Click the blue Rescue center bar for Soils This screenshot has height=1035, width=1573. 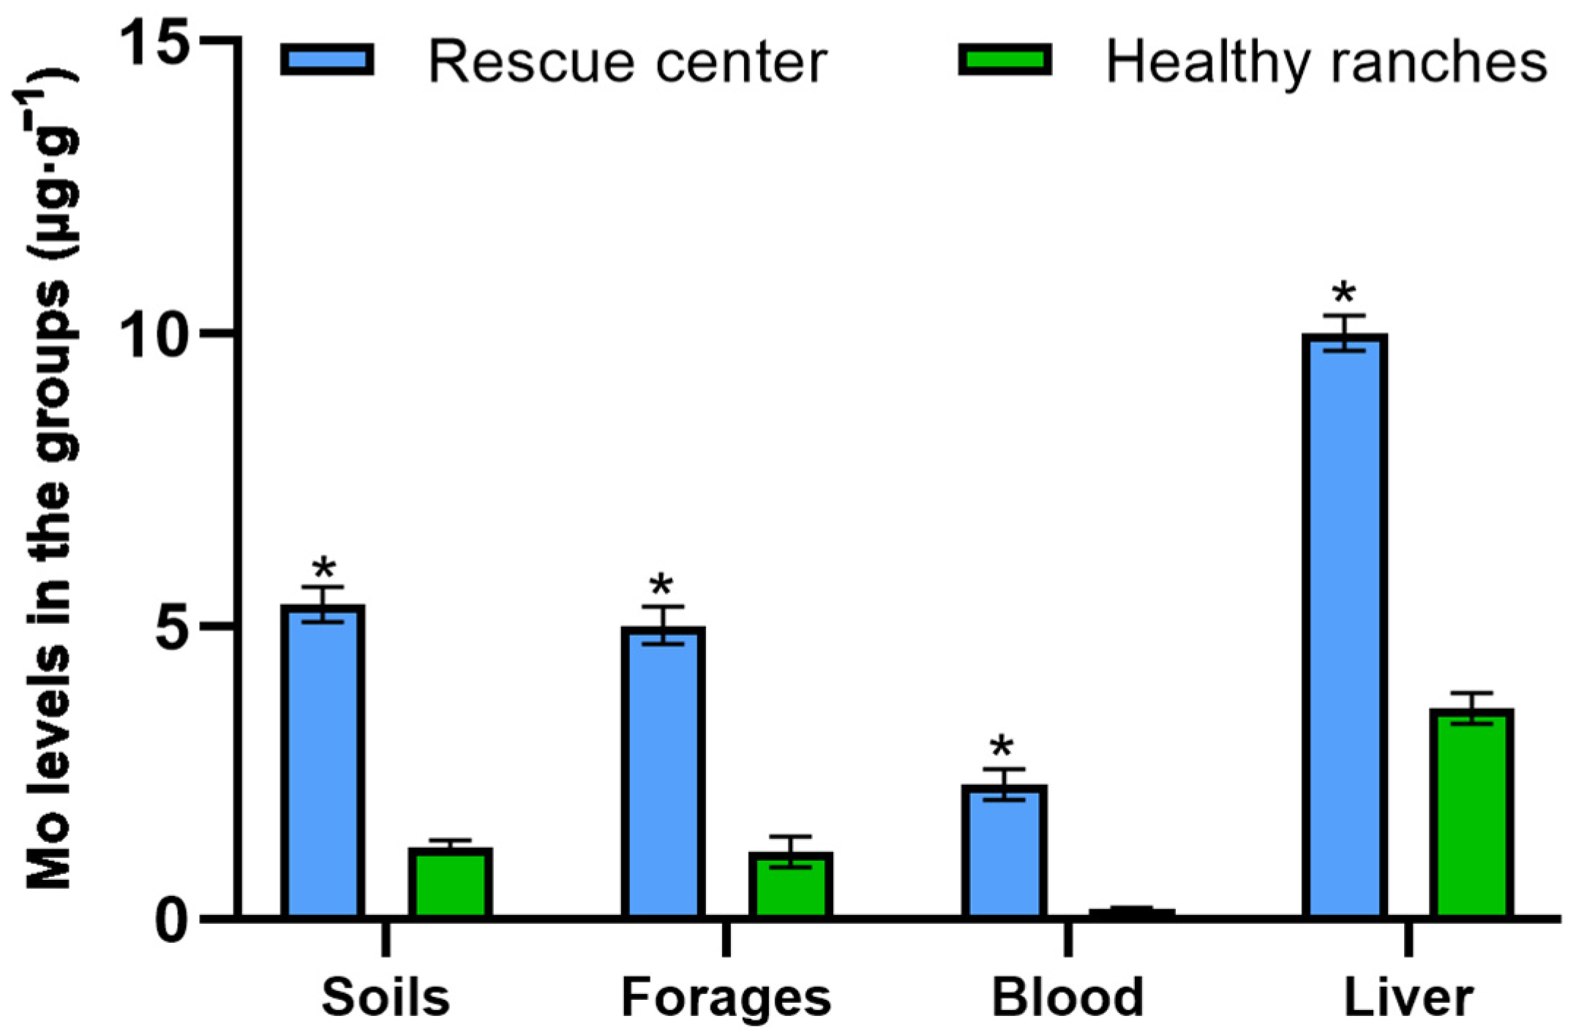(323, 761)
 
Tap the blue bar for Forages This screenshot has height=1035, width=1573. (663, 772)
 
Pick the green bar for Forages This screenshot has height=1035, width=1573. (790, 885)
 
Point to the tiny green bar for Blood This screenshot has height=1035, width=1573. (1131, 913)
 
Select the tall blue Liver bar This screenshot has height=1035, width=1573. (1344, 625)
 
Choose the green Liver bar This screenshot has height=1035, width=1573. (1471, 813)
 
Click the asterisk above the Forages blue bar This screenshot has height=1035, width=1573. (661, 585)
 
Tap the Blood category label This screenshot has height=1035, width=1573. (1067, 998)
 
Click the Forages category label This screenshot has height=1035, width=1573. (726, 998)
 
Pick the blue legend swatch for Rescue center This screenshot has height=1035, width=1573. (327, 59)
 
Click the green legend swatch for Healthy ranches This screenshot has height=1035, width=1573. (1005, 59)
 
